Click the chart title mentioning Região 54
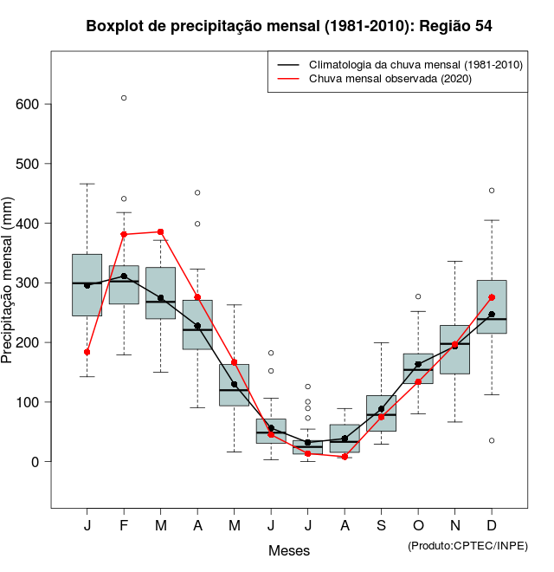coord(289,26)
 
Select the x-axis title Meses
coord(289,550)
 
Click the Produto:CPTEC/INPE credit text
coord(467,545)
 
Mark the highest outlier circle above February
coord(124,98)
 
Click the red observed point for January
coord(87,352)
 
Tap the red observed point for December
coord(492,297)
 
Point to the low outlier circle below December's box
coord(492,441)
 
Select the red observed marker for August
coord(345,457)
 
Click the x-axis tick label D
coord(492,526)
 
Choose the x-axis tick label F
coord(124,526)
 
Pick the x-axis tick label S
coord(381,526)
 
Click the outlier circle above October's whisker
coord(418,296)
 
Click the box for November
coord(454,349)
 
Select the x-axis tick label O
coord(418,526)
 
